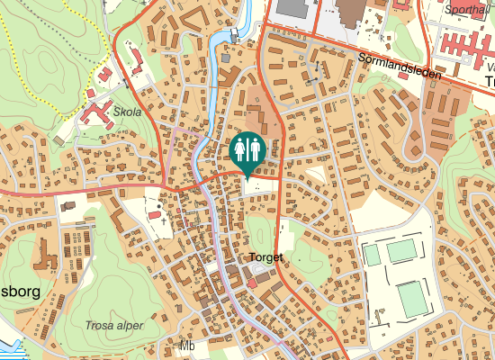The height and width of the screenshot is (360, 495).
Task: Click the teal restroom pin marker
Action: click(x=247, y=150)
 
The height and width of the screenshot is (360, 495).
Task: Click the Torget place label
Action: click(x=265, y=257)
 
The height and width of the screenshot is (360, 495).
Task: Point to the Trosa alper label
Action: click(x=114, y=326)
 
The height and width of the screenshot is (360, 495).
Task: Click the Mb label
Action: click(x=187, y=346)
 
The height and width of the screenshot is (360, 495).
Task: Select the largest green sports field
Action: click(x=413, y=299)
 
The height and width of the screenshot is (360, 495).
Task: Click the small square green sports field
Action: click(x=372, y=255)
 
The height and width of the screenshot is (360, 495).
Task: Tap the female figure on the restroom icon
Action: click(x=255, y=148)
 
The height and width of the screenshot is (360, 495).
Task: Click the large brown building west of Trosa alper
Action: click(x=42, y=256)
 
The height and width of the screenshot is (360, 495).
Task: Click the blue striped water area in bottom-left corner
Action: click(x=7, y=346)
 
